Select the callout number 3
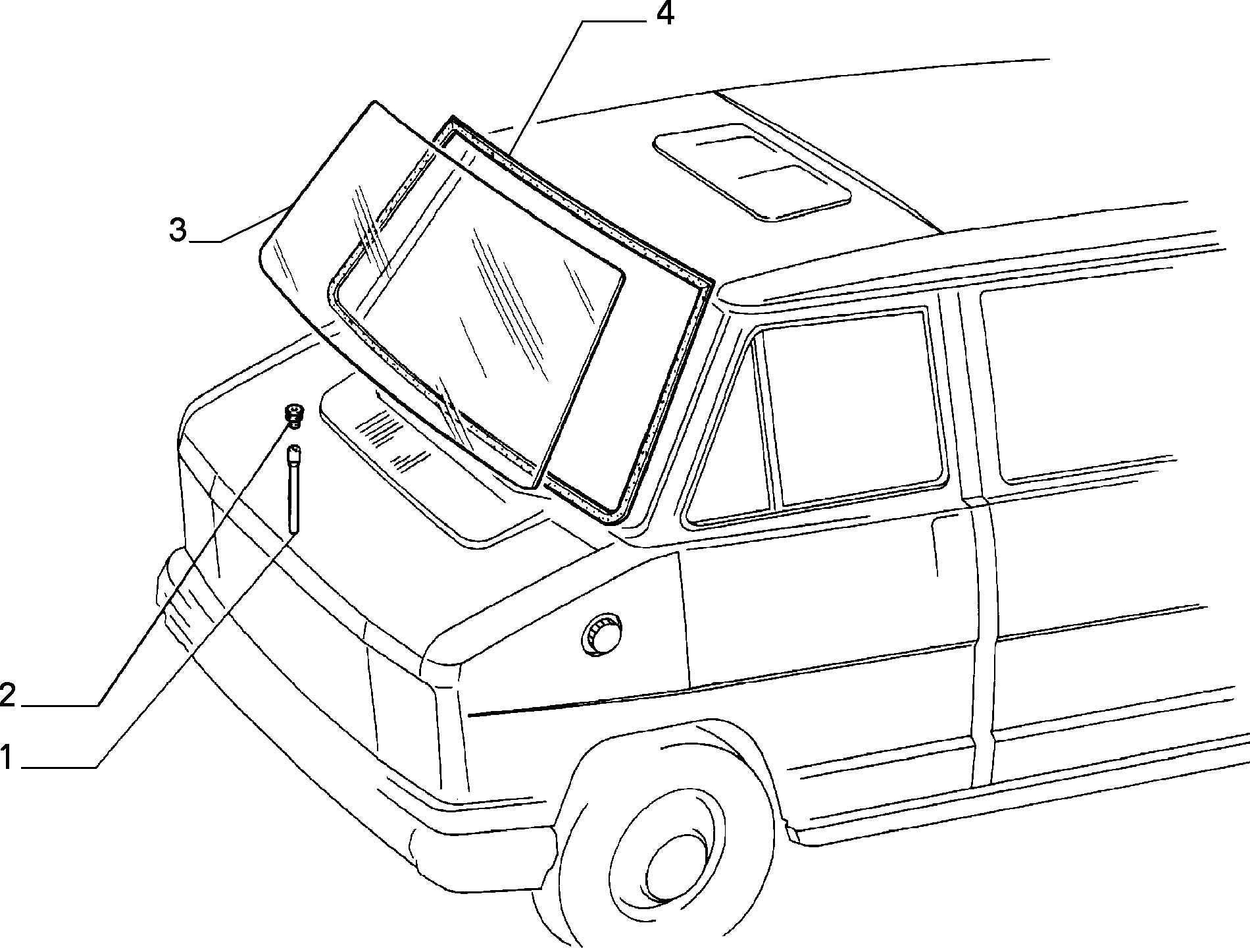tap(178, 230)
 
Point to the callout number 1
tap(6, 757)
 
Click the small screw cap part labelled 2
tap(293, 415)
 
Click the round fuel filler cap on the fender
tap(601, 635)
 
